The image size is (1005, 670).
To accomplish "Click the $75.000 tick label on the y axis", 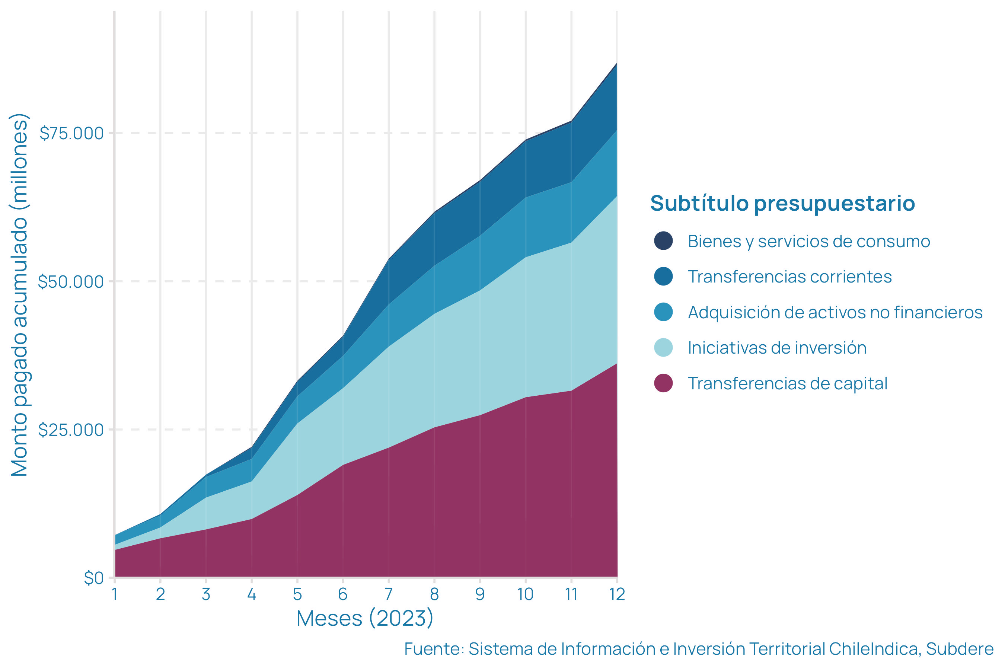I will [x=72, y=133].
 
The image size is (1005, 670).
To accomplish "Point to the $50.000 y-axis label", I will [x=71, y=282].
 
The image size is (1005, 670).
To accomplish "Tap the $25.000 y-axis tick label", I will [x=71, y=430].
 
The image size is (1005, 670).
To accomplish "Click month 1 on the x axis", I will [x=115, y=594].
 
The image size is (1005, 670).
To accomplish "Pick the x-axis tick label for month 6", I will [x=343, y=594].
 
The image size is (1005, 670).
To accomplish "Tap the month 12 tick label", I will [x=617, y=594].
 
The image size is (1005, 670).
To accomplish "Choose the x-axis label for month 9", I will [x=480, y=594].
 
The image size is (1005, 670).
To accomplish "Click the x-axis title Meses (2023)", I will [x=365, y=618].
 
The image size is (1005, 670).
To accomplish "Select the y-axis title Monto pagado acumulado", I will [x=20, y=295].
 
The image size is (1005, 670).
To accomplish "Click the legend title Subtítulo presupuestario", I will [x=782, y=203].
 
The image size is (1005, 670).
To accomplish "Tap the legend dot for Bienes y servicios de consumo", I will [x=663, y=241].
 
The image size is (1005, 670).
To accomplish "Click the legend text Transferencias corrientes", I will [x=789, y=277].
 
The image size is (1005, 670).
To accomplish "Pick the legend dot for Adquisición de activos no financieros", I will [x=663, y=312].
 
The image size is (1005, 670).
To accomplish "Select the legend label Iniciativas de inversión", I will [x=777, y=348].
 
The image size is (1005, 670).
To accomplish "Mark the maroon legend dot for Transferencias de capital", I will [x=663, y=383].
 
